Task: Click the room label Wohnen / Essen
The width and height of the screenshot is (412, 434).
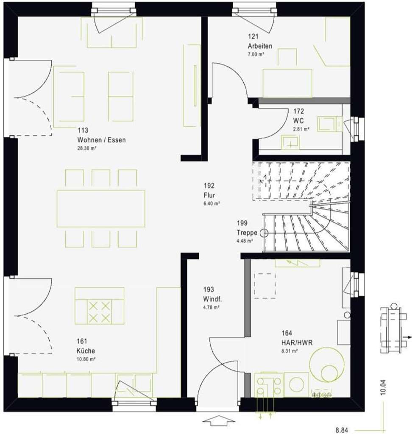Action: [x=101, y=140]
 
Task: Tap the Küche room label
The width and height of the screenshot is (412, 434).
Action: [x=86, y=351]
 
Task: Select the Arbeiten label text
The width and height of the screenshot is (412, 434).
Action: [x=260, y=46]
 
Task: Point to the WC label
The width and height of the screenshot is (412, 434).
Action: [x=298, y=120]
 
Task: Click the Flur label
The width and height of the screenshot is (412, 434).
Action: [x=209, y=195]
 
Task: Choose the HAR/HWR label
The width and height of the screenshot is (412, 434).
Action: [x=296, y=342]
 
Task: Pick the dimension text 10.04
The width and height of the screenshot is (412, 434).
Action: [x=383, y=387]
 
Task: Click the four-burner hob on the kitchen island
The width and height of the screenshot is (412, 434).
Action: [x=99, y=312]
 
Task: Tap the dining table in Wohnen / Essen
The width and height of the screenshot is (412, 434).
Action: [x=101, y=208]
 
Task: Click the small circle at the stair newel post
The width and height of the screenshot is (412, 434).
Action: [x=264, y=233]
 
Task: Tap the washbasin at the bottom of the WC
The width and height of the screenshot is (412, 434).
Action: [x=290, y=141]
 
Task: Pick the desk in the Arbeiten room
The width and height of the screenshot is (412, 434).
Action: [x=287, y=83]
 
